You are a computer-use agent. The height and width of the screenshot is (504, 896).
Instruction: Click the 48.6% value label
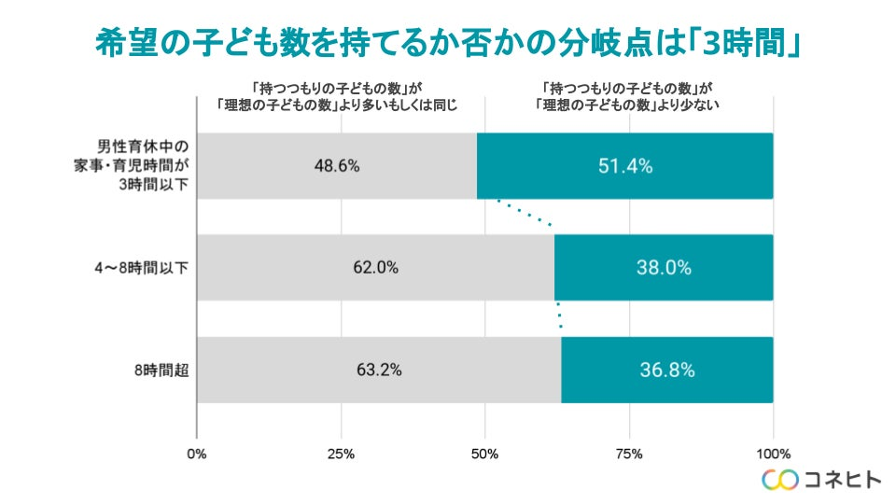pos(337,166)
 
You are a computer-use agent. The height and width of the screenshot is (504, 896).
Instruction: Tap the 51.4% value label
pos(624,166)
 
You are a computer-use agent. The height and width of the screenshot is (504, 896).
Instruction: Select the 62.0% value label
pos(376,268)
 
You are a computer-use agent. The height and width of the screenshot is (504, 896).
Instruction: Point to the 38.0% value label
pos(664,268)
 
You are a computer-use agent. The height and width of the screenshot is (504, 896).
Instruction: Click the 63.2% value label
pos(379,370)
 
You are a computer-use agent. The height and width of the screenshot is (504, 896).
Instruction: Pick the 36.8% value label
pos(666,370)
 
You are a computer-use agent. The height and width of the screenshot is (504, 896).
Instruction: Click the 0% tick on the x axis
pos(196,455)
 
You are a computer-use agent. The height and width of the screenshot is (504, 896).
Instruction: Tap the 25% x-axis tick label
pos(341,455)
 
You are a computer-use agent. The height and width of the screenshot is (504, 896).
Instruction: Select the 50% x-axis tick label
pos(484,455)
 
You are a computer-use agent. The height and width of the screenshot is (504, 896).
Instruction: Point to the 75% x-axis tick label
pos(629,455)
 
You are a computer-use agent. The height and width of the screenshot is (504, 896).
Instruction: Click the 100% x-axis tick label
pos(773,455)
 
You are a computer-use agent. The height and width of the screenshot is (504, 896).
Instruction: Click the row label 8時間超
pos(162,370)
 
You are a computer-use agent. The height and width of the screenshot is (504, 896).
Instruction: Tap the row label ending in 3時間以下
pos(142,166)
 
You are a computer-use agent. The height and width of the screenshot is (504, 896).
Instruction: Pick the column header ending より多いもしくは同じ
pos(337,96)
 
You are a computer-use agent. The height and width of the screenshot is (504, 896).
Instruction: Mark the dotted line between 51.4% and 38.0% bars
pos(525,213)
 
